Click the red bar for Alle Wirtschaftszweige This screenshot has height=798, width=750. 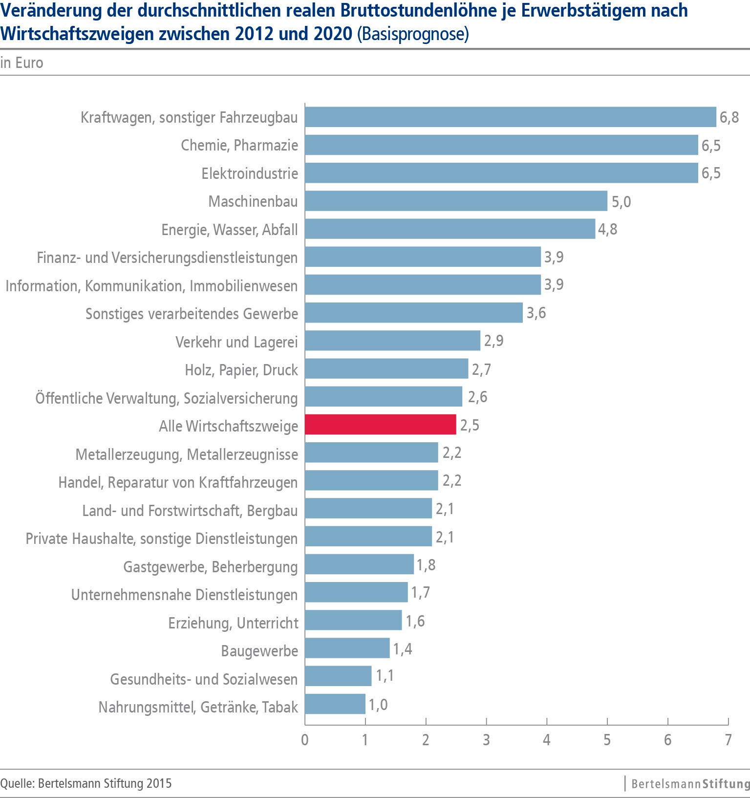click(x=380, y=424)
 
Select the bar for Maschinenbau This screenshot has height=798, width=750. click(x=456, y=201)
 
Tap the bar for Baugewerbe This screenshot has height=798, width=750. click(x=347, y=648)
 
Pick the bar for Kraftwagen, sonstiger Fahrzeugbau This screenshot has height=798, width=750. click(x=510, y=117)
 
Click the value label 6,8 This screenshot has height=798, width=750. click(x=729, y=117)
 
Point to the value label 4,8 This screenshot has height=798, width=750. click(x=607, y=229)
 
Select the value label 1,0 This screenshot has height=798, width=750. click(x=378, y=705)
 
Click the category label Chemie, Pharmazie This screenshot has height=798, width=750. click(x=239, y=145)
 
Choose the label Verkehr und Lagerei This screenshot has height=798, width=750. click(x=236, y=342)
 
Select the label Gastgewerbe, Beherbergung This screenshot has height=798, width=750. click(x=210, y=566)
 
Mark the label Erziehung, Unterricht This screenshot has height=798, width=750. click(x=233, y=623)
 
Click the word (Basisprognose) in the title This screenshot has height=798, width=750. click(x=413, y=34)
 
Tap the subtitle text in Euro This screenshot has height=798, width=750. click(x=22, y=63)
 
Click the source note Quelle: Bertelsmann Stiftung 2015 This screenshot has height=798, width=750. click(x=86, y=783)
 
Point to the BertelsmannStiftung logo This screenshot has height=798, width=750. click(x=689, y=784)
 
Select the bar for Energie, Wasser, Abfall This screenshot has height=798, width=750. click(x=450, y=229)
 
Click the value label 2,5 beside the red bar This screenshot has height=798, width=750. click(x=470, y=425)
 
